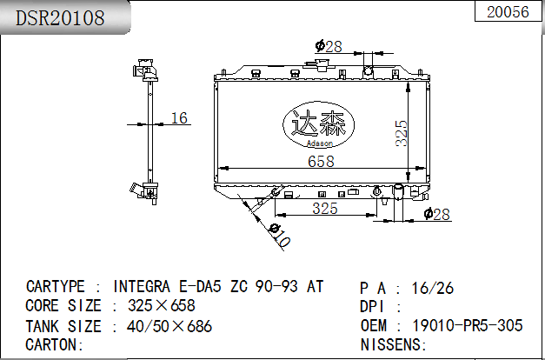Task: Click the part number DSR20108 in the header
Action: click(x=60, y=17)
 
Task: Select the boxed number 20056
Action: click(x=508, y=12)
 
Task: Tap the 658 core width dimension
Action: click(x=321, y=162)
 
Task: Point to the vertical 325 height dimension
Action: click(x=401, y=133)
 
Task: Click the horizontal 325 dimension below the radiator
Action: click(x=325, y=208)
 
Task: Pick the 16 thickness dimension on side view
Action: click(x=179, y=118)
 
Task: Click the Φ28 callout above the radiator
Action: click(x=329, y=46)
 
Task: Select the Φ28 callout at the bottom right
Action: click(x=437, y=214)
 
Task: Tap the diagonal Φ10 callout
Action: click(x=280, y=236)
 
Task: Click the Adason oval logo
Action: click(x=318, y=124)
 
